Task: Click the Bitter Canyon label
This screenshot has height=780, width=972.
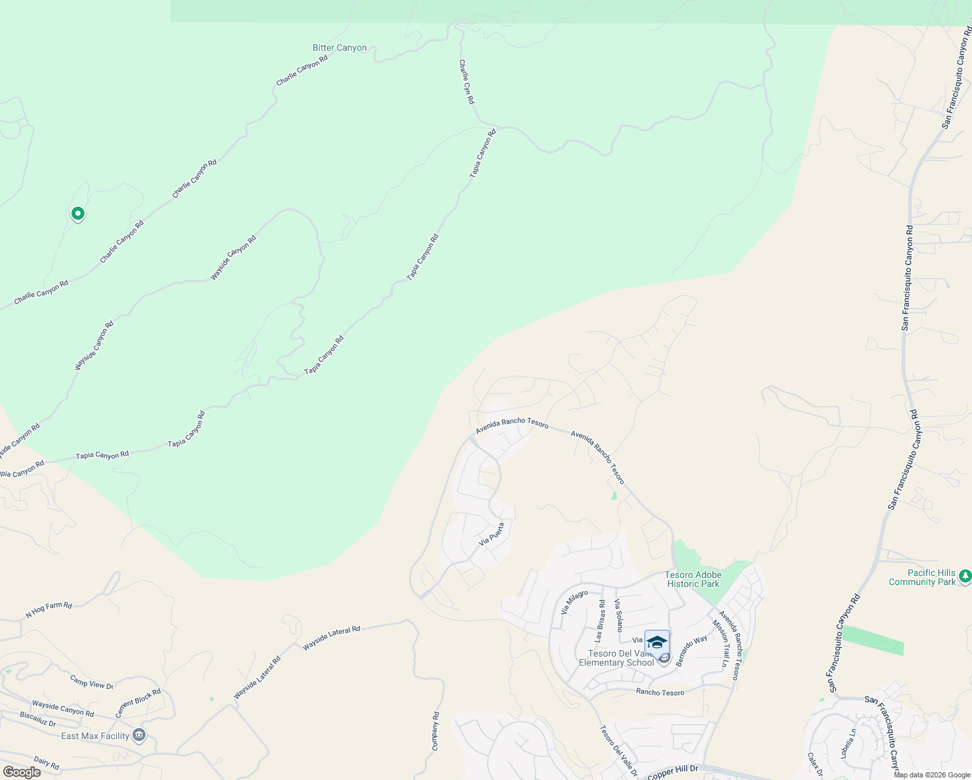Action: (339, 48)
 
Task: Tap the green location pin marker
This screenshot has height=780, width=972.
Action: (77, 213)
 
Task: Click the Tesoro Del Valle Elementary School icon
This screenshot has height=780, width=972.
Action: (657, 642)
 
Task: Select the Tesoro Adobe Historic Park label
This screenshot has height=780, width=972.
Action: (693, 579)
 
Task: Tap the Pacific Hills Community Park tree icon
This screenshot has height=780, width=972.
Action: (965, 576)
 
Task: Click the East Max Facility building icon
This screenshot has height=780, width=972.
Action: (138, 735)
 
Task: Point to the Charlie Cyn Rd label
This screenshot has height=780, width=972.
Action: (467, 82)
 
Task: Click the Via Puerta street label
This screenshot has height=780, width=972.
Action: (491, 534)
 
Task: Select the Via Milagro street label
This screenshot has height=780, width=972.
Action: (574, 603)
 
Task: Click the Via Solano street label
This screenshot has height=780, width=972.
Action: (619, 616)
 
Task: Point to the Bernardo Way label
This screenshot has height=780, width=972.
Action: (691, 651)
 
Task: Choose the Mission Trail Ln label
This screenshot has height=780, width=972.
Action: (721, 643)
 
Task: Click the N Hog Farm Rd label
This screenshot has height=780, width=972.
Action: (49, 610)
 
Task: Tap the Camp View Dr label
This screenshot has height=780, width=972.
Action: (92, 682)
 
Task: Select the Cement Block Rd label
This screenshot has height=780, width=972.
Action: (138, 703)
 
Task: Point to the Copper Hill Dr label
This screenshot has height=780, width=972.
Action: (672, 772)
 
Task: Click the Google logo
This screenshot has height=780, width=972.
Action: (21, 772)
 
